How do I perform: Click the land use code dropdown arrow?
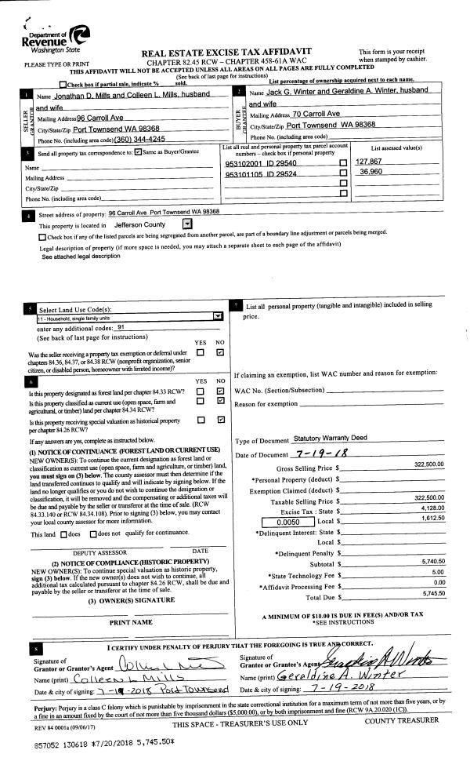click(x=217, y=317)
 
